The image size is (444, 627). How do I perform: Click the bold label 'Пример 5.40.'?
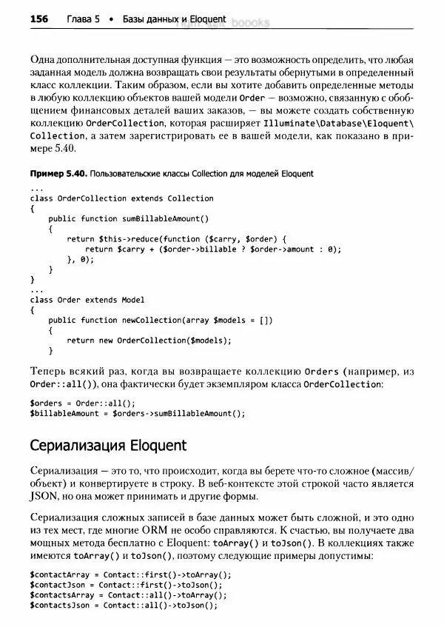point(57,173)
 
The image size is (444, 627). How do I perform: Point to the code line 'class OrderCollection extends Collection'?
point(122,198)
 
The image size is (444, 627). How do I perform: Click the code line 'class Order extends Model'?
point(87,300)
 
